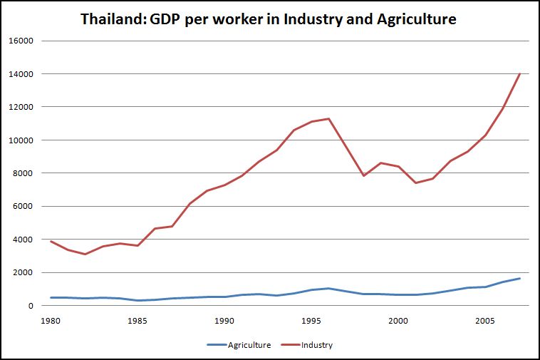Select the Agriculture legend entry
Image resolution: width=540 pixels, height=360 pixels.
point(249,345)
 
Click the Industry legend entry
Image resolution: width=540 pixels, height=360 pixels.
point(317,345)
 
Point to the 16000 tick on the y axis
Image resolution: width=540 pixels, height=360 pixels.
point(21,41)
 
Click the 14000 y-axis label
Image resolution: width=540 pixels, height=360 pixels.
point(21,73)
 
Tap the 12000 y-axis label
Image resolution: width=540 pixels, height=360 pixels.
point(21,107)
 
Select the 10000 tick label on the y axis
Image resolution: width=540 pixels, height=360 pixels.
point(21,140)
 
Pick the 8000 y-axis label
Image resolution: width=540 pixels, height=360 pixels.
point(24,173)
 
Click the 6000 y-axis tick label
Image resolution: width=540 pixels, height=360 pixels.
point(24,206)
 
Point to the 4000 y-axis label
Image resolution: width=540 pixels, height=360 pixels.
point(24,240)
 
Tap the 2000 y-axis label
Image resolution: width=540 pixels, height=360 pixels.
point(24,272)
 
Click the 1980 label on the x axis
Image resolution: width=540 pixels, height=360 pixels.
point(50,320)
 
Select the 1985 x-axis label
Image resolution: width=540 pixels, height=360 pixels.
point(137,320)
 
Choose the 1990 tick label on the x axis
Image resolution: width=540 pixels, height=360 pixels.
point(224,320)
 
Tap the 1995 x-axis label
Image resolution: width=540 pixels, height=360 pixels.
point(311,320)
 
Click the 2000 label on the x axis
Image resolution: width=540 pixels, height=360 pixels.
point(398,320)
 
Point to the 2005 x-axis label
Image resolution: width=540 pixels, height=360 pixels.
point(484,320)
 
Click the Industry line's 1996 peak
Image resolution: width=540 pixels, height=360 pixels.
point(328,118)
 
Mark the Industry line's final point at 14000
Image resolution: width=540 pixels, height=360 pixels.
point(520,73)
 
